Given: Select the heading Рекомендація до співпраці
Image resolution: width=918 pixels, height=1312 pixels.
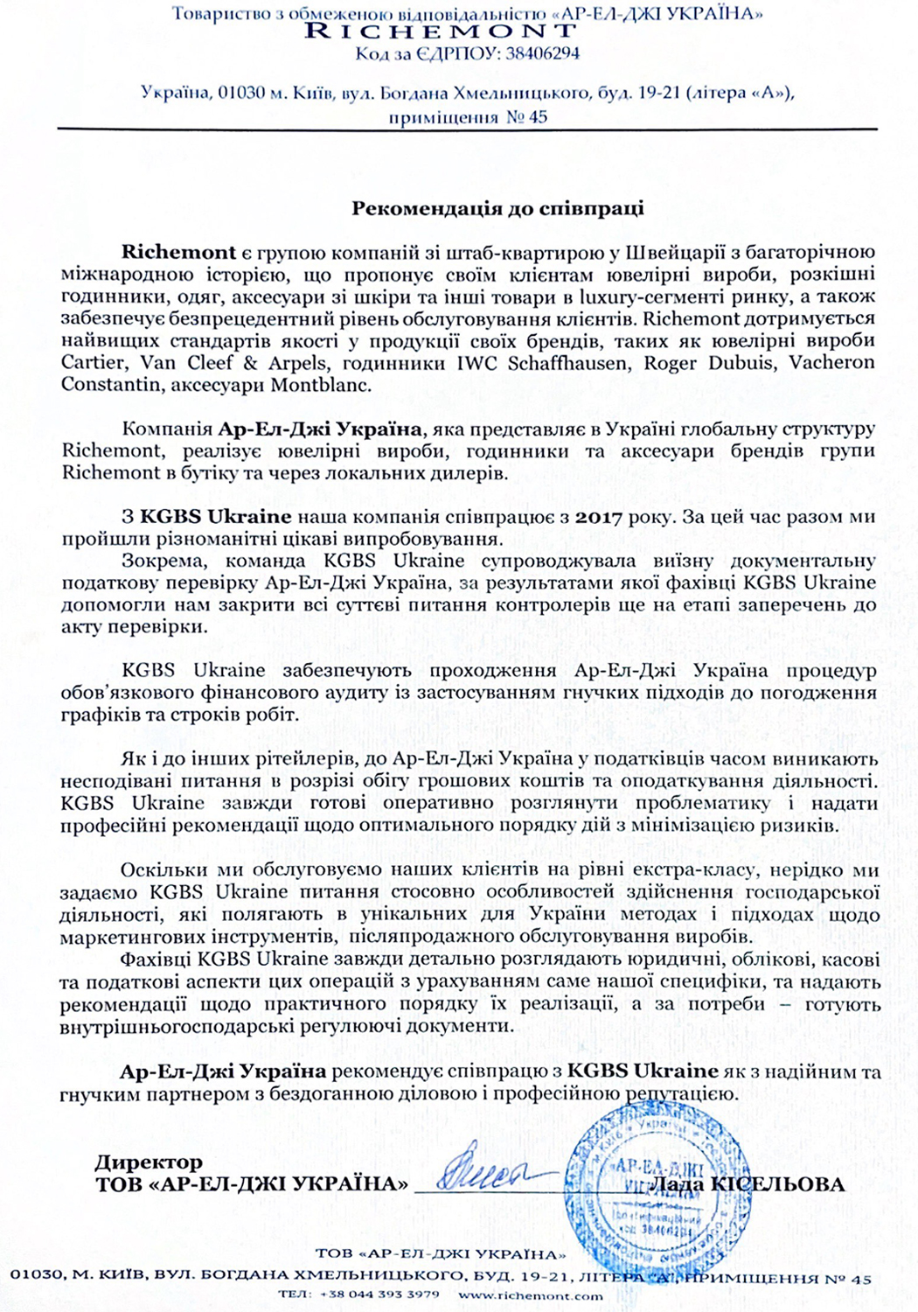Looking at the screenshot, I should (x=497, y=208).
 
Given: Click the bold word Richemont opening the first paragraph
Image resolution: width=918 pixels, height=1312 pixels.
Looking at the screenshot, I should (x=178, y=253).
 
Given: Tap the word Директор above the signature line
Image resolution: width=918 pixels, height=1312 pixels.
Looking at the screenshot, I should (x=149, y=1162).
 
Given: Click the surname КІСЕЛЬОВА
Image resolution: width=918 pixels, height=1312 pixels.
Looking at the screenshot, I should (x=778, y=1184).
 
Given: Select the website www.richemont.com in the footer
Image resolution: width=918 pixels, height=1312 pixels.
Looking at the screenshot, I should (x=530, y=1295).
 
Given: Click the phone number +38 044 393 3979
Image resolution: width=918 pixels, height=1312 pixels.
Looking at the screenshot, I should (x=379, y=1295).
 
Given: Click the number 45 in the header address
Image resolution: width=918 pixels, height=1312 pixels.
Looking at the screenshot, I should (x=537, y=116).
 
